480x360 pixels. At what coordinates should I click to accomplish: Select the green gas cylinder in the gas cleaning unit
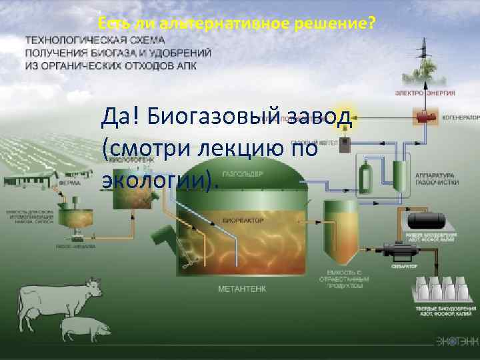pos(365,176)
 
